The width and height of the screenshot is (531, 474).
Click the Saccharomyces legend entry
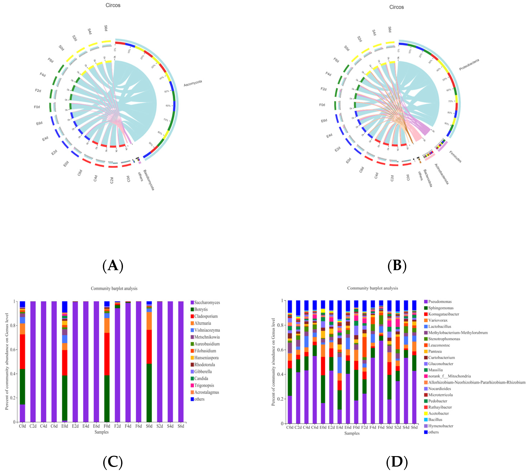tap(207, 302)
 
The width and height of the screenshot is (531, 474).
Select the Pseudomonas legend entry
tap(440, 302)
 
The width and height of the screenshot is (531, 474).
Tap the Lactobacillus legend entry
tap(440, 326)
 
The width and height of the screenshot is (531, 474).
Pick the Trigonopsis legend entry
tap(204, 385)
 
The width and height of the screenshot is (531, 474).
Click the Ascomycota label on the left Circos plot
tap(193, 83)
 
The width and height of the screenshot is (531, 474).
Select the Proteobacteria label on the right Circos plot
tap(469, 65)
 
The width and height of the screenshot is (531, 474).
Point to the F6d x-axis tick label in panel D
tap(381, 427)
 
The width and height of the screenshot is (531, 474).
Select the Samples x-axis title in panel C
tap(101, 432)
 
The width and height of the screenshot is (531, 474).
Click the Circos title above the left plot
tap(113, 5)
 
